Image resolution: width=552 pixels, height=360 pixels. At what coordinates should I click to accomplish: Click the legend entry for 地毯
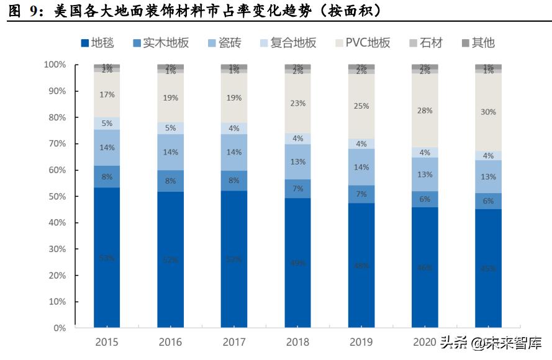[x=97, y=43]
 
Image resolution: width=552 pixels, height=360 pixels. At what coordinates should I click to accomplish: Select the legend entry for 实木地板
[x=160, y=43]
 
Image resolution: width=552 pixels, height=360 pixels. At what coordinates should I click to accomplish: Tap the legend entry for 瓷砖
[x=224, y=43]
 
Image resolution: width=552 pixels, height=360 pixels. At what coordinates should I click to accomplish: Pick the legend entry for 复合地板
[x=287, y=43]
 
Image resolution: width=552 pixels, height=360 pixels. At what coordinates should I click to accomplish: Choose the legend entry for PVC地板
[x=363, y=43]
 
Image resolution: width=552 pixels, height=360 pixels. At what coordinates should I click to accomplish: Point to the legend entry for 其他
[x=477, y=43]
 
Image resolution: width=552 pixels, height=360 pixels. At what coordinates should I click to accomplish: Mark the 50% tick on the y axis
[x=57, y=196]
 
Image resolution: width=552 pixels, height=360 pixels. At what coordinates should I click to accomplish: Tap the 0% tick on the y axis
[x=59, y=328]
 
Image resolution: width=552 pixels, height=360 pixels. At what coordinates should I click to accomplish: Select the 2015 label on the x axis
[x=107, y=342]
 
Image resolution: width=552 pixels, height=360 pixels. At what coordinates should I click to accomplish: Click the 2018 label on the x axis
[x=297, y=342]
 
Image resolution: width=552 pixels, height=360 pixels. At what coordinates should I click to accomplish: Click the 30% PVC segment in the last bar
[x=488, y=112]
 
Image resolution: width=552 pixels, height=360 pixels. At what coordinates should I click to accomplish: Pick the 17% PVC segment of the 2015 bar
[x=107, y=94]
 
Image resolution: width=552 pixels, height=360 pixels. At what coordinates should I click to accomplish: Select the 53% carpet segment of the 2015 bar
[x=107, y=258]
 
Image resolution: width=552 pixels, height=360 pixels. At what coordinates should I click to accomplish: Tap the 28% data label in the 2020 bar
[x=425, y=110]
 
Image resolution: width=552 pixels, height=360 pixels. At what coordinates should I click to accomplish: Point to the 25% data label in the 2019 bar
[x=361, y=106]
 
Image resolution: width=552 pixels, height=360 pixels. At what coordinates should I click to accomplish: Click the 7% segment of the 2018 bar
[x=297, y=188]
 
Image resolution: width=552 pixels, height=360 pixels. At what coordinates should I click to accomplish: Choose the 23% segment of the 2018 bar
[x=297, y=103]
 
